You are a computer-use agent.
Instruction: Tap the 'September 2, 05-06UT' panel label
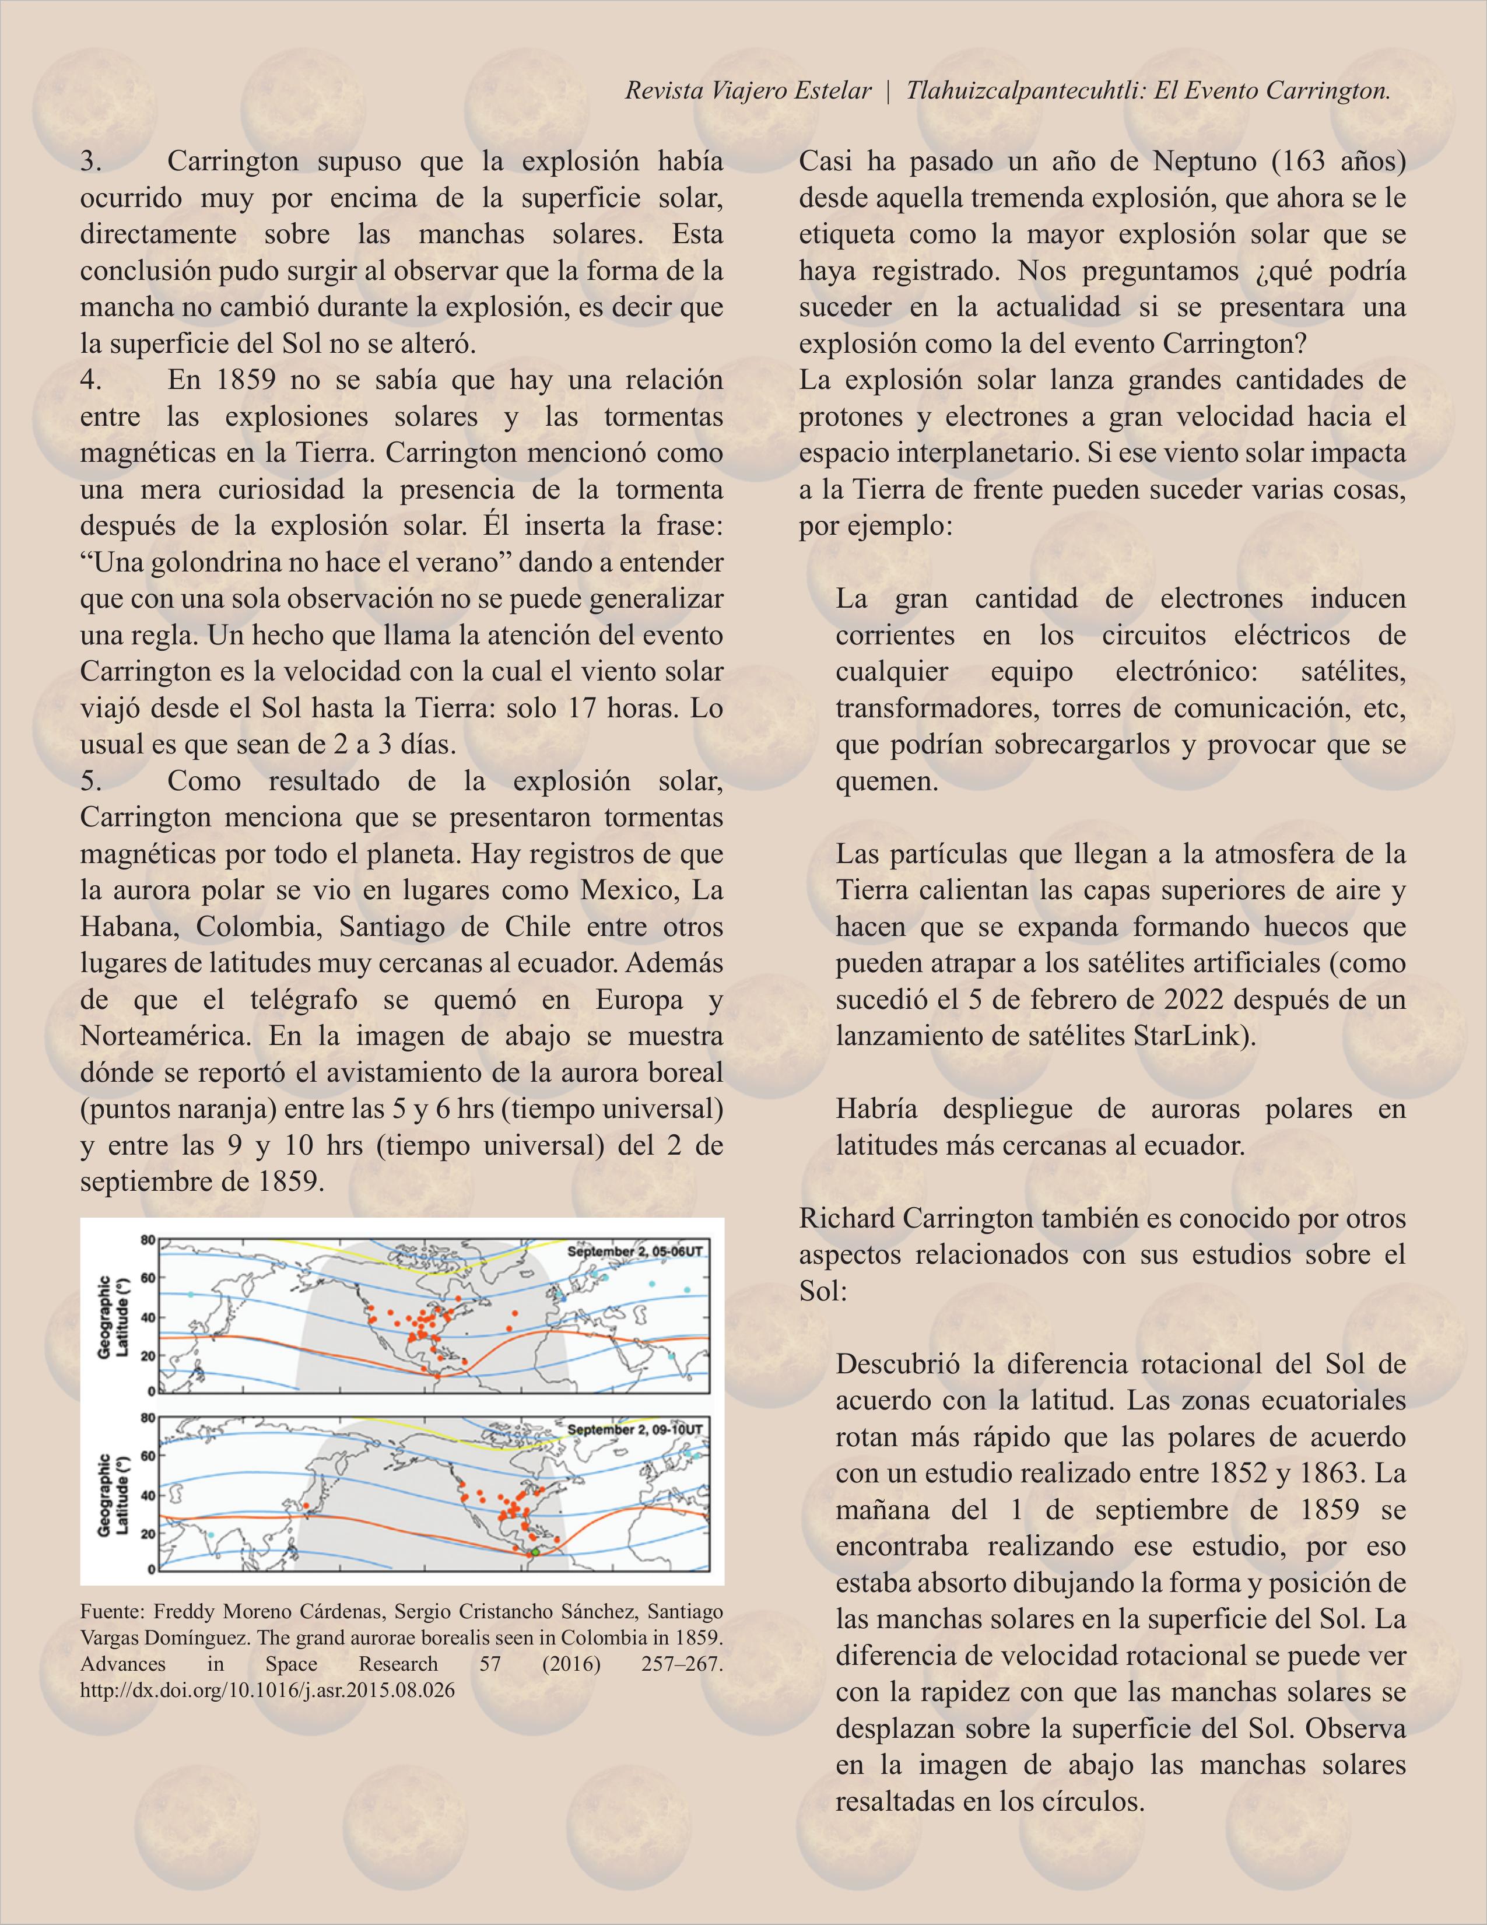(x=634, y=1251)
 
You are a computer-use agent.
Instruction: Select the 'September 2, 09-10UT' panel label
(x=634, y=1429)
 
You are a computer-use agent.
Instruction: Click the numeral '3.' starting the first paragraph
(x=92, y=162)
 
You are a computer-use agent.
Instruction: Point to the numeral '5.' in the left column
(x=92, y=781)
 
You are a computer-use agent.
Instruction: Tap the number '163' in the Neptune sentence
(x=1301, y=162)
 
